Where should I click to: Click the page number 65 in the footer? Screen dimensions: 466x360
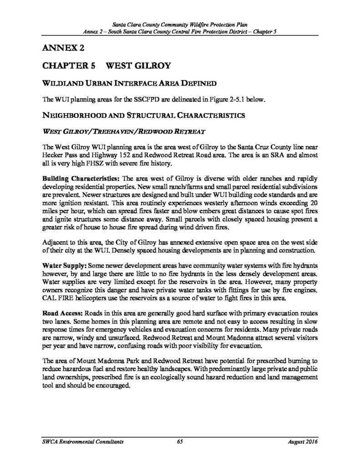[x=180, y=442]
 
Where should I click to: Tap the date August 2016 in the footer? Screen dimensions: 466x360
[x=303, y=442]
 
